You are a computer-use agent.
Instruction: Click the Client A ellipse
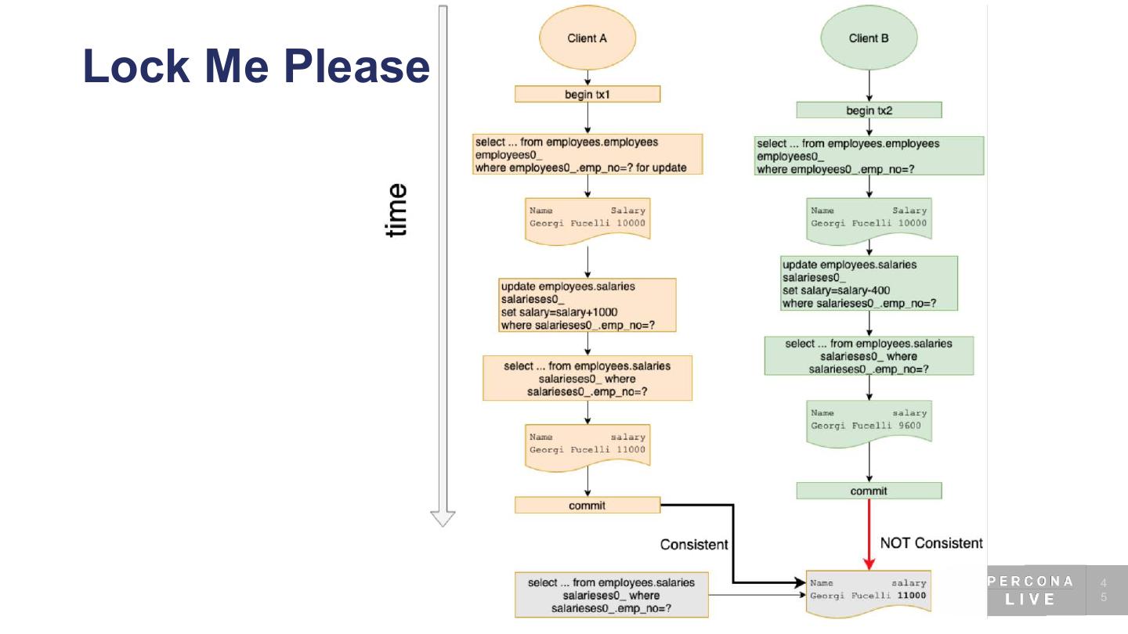[587, 38]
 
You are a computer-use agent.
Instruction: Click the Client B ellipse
[869, 38]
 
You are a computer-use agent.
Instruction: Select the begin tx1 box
[587, 94]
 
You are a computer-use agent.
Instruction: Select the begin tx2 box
[869, 110]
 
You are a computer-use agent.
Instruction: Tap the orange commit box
[587, 505]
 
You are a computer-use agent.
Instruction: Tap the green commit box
[869, 491]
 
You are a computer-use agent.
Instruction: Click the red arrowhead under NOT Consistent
[869, 564]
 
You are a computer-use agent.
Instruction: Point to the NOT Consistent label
[931, 543]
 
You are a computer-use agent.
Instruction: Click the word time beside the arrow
[396, 210]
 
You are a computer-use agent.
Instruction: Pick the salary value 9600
[909, 426]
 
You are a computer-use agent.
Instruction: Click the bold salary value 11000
[912, 596]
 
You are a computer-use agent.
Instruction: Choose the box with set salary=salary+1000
[587, 305]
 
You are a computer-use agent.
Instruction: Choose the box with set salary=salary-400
[869, 283]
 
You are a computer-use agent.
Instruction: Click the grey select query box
[611, 595]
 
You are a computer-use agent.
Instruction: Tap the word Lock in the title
[136, 66]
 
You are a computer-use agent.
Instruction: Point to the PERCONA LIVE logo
[1030, 590]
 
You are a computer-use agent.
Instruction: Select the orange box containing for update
[587, 154]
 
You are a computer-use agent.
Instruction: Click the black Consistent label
[694, 545]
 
